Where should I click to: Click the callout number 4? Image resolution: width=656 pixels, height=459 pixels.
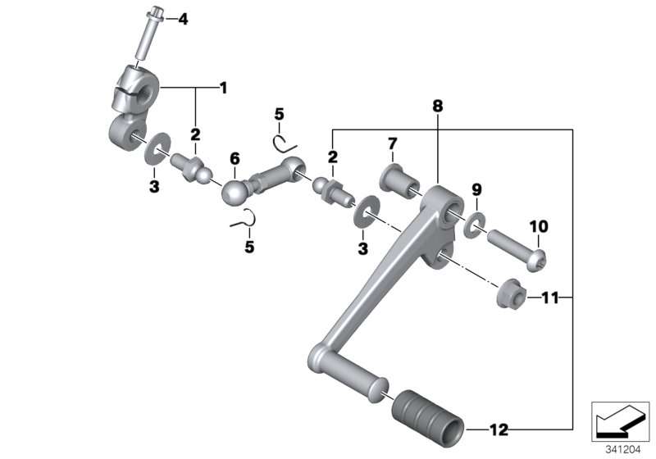183,19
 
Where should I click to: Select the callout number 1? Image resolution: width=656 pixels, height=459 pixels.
223,88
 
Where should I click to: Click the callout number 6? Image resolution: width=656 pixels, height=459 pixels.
235,158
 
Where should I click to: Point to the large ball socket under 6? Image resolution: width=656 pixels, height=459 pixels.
235,193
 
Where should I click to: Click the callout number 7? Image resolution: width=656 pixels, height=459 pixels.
392,143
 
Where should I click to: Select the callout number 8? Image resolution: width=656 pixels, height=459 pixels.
437,107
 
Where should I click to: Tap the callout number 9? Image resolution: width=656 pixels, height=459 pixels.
476,190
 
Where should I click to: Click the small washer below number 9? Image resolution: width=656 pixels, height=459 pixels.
475,225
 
